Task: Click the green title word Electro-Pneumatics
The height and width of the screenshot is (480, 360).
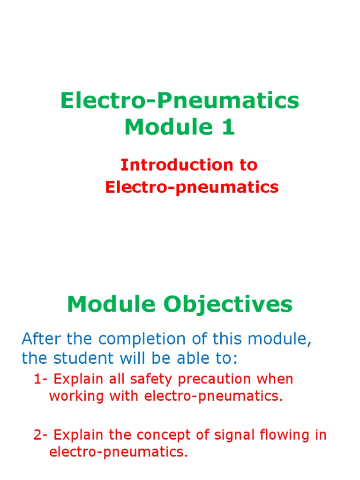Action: pyautogui.click(x=180, y=101)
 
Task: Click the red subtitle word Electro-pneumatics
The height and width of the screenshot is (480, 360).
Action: pyautogui.click(x=192, y=187)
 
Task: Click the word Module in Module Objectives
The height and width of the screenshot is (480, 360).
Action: pyautogui.click(x=112, y=305)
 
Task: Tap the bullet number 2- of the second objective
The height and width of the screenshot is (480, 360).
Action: pyautogui.click(x=41, y=435)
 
